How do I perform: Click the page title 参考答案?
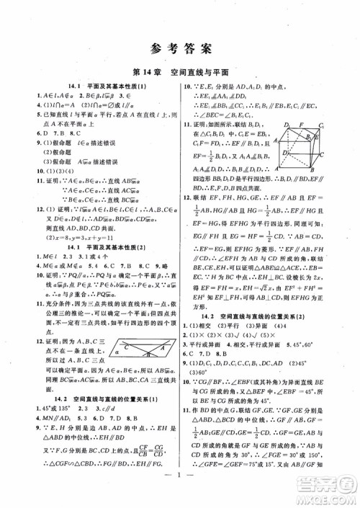(180, 49)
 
